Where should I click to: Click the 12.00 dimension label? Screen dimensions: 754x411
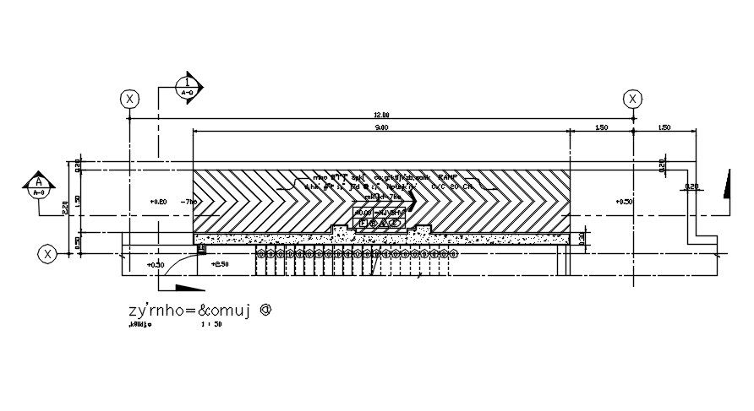381,115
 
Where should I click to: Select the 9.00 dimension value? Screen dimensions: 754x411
380,127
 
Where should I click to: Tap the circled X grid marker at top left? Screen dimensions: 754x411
129,99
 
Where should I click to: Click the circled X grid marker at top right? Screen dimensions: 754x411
632,99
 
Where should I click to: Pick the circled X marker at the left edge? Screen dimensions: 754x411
48,252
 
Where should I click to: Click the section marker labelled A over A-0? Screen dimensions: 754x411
38,185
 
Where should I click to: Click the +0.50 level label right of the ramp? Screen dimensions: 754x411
624,203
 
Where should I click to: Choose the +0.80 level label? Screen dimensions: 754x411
158,203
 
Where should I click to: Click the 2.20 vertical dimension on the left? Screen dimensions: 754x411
64,207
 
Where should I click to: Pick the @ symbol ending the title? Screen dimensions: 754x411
265,309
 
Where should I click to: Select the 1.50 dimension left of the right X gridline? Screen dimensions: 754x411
600,127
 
